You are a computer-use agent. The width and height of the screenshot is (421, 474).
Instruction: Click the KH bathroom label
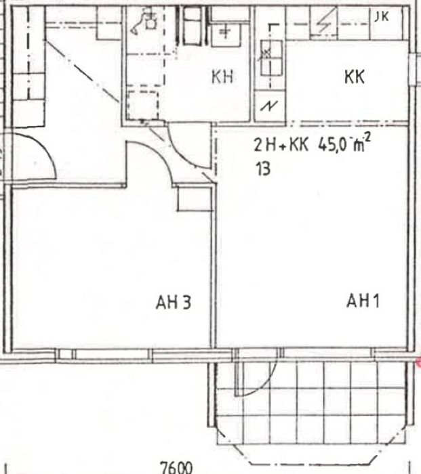(x=222, y=77)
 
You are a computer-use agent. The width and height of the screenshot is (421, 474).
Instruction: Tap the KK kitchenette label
(x=355, y=77)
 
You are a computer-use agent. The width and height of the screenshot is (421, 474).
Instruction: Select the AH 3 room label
(x=174, y=302)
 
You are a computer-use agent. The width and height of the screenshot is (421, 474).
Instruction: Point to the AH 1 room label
(x=363, y=301)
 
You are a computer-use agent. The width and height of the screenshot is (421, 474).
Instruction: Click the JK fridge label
(x=382, y=17)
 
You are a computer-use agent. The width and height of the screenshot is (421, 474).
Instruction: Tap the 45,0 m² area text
(x=344, y=144)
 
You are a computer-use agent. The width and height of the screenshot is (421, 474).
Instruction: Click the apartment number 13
(x=263, y=169)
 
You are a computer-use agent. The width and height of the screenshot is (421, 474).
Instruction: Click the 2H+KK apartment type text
(x=281, y=145)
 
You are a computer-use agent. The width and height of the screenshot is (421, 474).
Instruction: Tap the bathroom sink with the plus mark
(x=226, y=34)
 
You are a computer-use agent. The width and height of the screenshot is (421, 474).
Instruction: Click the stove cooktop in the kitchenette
(x=271, y=58)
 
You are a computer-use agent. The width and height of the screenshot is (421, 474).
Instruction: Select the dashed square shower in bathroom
(x=142, y=105)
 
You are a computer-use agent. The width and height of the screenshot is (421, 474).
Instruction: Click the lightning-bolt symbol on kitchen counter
(x=325, y=21)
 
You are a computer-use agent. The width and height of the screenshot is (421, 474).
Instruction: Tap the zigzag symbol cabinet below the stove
(x=269, y=106)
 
